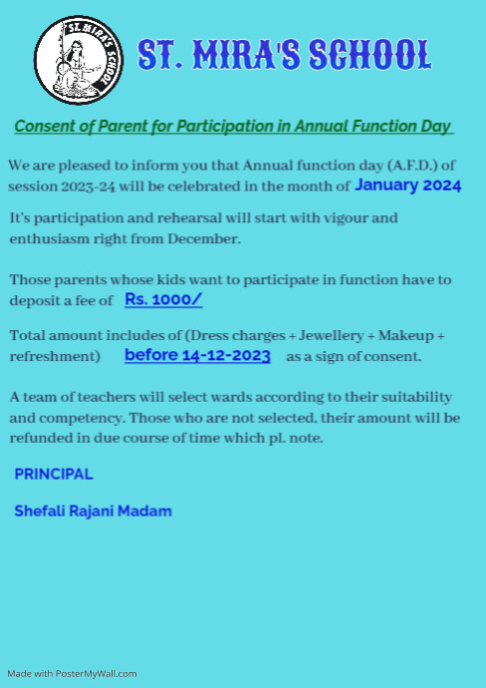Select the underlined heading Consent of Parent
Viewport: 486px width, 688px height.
[x=233, y=127]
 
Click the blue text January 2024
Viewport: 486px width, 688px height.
[x=407, y=184]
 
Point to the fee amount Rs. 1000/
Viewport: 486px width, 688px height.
[x=163, y=299]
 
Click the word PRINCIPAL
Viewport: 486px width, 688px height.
[x=54, y=475]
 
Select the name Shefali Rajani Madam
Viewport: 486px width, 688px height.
[x=93, y=511]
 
